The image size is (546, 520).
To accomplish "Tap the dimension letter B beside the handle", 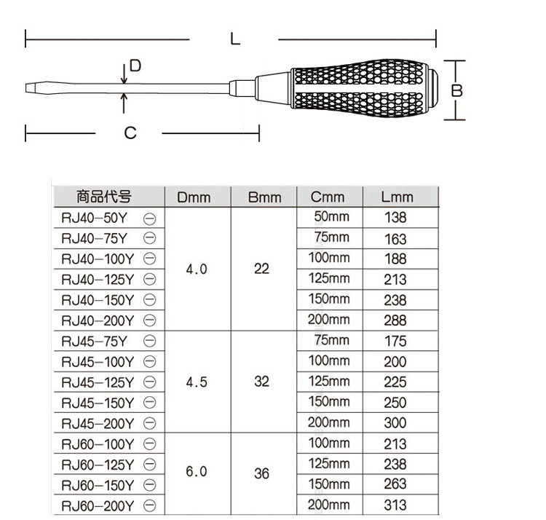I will (x=456, y=90).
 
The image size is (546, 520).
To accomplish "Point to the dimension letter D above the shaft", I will (x=135, y=66).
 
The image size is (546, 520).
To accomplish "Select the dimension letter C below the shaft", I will (x=130, y=133).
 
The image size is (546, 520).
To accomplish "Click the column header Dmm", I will (x=194, y=197).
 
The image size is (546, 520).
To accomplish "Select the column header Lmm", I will (x=397, y=197).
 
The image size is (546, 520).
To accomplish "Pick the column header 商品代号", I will (x=104, y=197).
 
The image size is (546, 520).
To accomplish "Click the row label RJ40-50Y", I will (x=95, y=218).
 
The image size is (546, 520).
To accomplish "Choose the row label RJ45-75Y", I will (x=95, y=341).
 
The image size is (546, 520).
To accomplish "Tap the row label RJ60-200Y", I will (x=98, y=505).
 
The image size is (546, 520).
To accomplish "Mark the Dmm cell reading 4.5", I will (x=197, y=382).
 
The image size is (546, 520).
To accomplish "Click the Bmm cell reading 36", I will (x=262, y=474).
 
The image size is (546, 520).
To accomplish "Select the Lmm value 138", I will (x=396, y=218).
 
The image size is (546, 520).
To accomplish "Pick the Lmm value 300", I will (x=396, y=423).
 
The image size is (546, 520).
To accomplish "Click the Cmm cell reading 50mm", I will (x=332, y=217).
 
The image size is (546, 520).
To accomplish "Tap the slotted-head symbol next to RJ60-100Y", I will (x=150, y=444).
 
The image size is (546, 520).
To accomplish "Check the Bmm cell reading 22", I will (x=262, y=269).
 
